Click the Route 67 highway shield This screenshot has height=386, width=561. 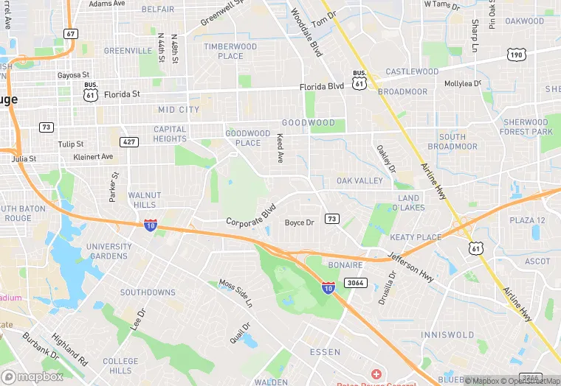coord(71,34)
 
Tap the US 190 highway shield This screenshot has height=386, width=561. coord(516,55)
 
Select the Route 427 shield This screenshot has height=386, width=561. coord(129,141)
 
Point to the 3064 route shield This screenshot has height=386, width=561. coord(356,282)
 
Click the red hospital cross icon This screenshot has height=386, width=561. coord(376,375)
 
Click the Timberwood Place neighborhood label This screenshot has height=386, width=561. coord(230,51)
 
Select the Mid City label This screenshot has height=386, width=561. coord(179,110)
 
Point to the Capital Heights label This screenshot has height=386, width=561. coord(170,134)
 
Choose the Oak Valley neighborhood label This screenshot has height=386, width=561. coord(359,180)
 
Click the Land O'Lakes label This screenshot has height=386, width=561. coord(409,203)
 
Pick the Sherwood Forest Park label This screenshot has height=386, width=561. coord(526,127)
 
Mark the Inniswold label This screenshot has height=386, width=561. coord(447,334)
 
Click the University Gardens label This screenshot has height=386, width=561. coord(109,251)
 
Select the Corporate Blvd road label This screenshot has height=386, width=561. coord(250,215)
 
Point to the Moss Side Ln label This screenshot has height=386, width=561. coord(235,293)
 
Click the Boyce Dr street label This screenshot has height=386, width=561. coord(300,222)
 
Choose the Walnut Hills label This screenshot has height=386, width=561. coord(144,200)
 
